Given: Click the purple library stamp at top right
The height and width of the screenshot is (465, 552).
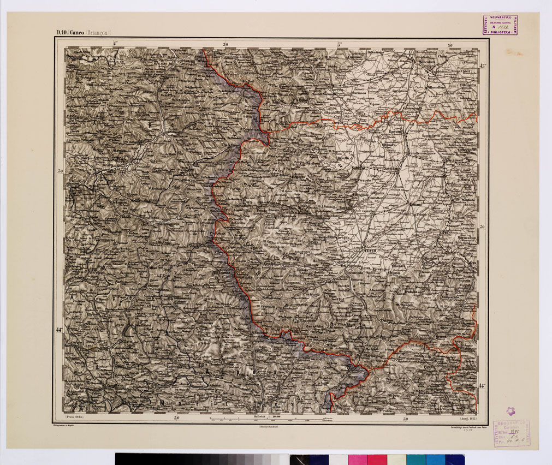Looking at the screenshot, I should tap(500, 25).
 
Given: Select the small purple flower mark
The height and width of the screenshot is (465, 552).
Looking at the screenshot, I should tap(511, 410).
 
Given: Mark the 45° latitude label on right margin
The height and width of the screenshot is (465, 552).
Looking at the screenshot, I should tap(482, 66).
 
